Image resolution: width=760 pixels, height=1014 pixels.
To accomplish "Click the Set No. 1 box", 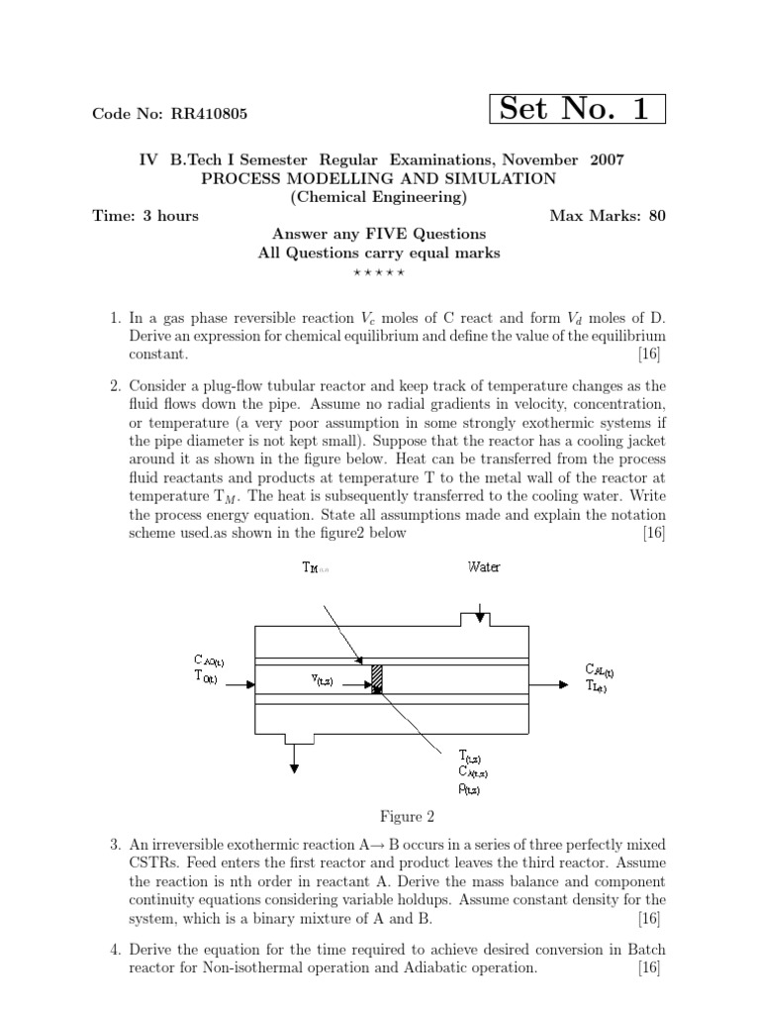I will (x=578, y=110).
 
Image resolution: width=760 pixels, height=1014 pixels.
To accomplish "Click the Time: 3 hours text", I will (x=145, y=216).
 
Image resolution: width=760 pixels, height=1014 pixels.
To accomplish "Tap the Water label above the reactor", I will (x=483, y=567).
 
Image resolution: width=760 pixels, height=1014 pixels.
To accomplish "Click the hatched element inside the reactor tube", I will (x=377, y=678).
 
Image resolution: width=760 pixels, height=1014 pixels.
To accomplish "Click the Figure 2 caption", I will (x=408, y=817).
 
